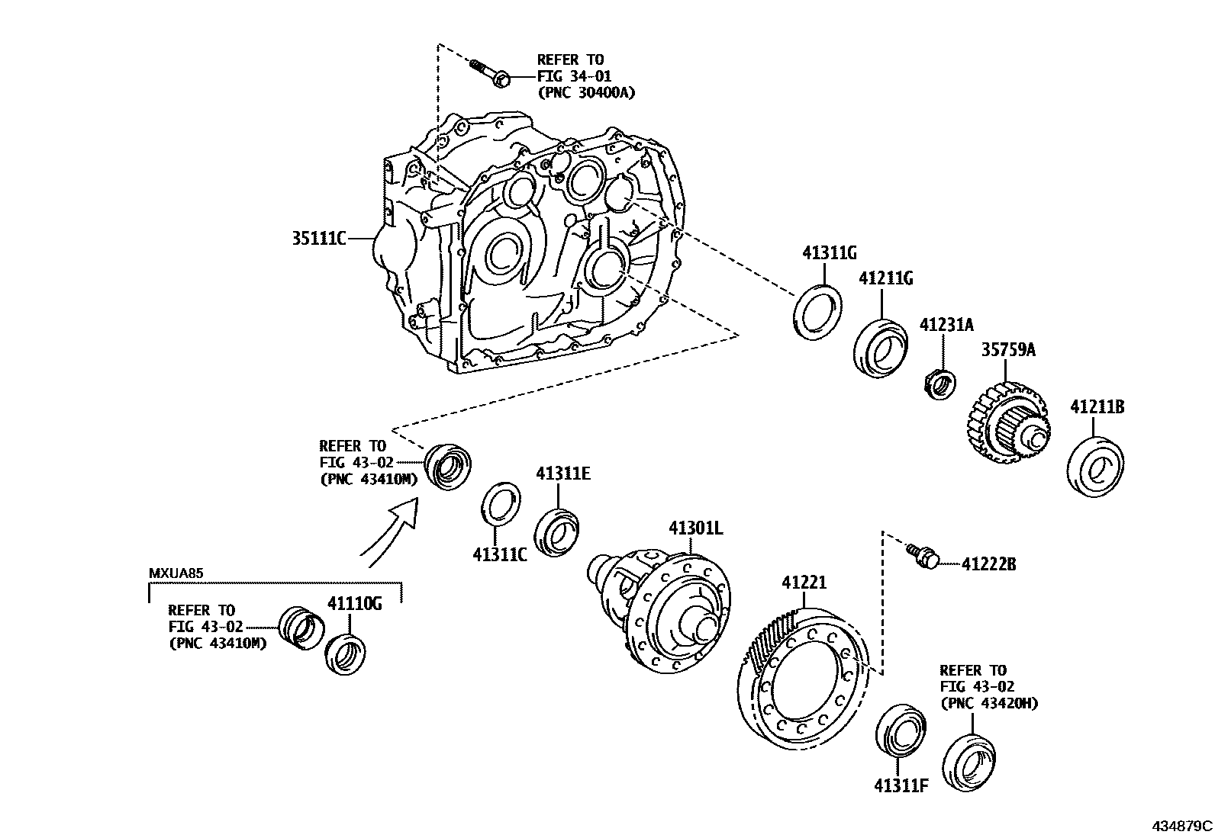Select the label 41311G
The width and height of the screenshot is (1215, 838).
(830, 252)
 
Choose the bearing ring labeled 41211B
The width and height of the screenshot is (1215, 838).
(1097, 466)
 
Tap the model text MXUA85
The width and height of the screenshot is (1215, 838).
(175, 573)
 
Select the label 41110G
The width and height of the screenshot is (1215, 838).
(354, 604)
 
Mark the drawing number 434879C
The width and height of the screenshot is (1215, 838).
(1181, 826)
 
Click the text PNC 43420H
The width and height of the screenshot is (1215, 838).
(989, 703)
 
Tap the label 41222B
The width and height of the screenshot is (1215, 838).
(989, 565)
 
